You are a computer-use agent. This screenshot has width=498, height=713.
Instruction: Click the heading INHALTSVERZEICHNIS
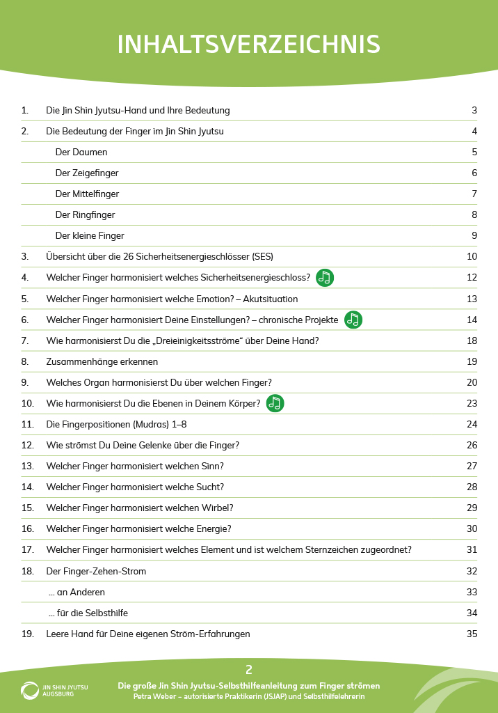coord(249,44)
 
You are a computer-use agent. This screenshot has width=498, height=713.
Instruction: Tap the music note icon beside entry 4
coord(325,278)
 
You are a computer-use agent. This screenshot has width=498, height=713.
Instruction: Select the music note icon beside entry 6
coord(353,320)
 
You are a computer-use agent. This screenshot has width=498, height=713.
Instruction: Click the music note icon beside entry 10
coord(275,403)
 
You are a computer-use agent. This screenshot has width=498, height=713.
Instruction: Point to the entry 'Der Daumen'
coord(81,152)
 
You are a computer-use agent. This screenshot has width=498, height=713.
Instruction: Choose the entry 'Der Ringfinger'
coord(86,214)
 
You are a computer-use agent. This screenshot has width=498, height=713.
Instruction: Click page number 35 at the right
coord(472,634)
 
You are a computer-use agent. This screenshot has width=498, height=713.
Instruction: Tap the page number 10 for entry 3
coord(472,256)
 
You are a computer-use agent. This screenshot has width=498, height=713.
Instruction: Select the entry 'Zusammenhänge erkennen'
coord(102,361)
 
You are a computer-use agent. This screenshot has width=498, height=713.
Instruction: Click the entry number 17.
coord(28,549)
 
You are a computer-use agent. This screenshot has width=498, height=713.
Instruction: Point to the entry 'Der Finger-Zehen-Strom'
coord(96,571)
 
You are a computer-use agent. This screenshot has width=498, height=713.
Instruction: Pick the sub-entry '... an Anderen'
coord(77,592)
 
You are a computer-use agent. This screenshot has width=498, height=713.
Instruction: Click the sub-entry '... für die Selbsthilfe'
coord(88,613)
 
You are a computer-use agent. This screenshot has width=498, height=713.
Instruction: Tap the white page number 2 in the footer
coord(249,670)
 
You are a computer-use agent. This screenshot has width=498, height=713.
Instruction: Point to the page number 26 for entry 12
coord(472,445)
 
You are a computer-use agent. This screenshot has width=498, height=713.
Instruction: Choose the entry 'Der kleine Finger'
coord(90,235)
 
